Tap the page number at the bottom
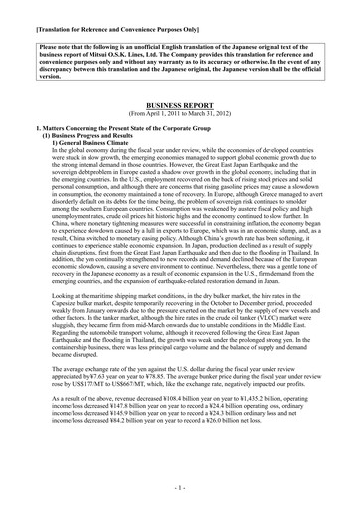[181, 488]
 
